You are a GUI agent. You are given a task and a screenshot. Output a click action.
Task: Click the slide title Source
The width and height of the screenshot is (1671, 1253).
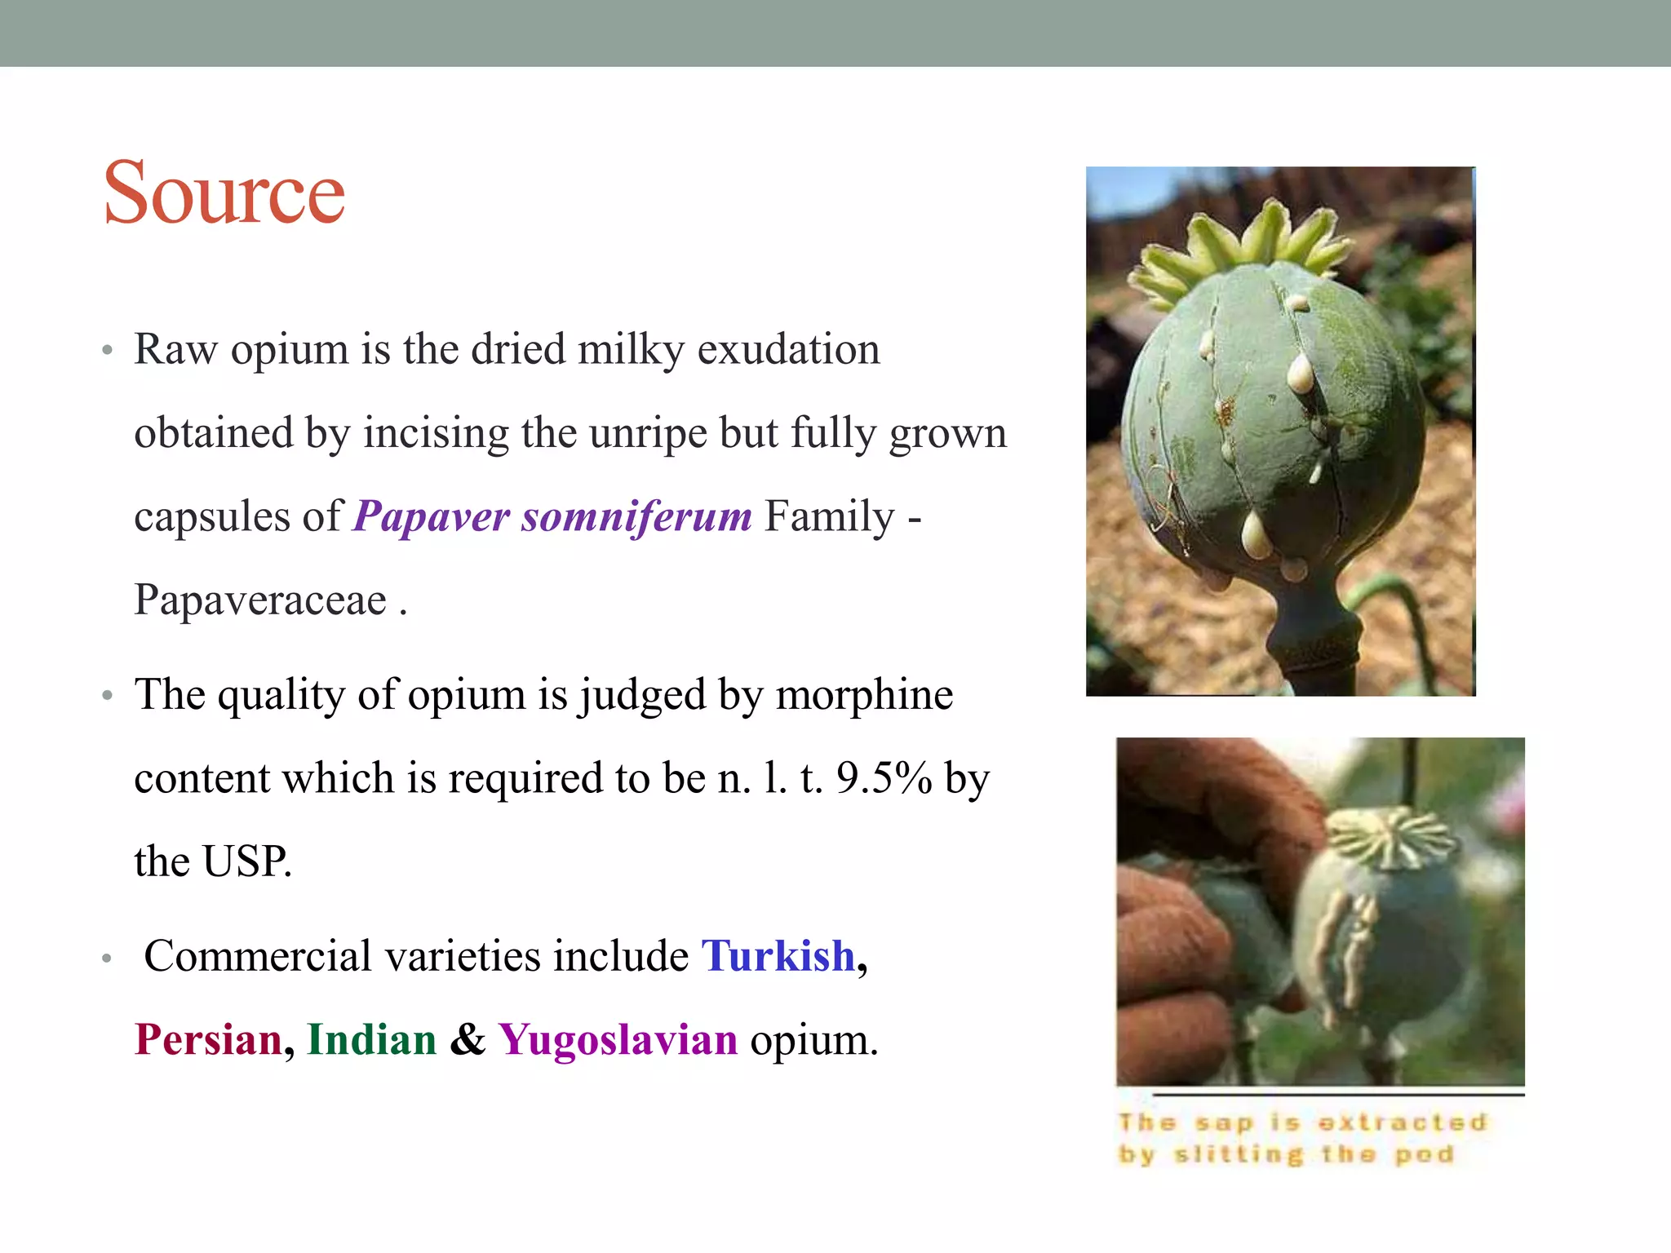tap(224, 193)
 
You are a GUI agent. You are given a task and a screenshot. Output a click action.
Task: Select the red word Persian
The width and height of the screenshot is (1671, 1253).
tap(208, 1040)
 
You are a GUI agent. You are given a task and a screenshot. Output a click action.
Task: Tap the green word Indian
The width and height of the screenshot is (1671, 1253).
tap(372, 1040)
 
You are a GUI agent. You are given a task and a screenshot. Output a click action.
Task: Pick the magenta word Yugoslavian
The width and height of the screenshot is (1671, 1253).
tap(618, 1040)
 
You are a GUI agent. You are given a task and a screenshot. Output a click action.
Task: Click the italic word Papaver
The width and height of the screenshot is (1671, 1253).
tap(432, 516)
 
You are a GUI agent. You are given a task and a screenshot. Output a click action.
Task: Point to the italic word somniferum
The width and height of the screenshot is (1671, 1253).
tap(636, 516)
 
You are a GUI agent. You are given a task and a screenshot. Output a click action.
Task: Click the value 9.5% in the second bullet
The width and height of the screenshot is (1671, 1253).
tap(884, 777)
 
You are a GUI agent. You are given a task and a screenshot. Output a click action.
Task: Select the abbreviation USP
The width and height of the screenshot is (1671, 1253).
tap(246, 861)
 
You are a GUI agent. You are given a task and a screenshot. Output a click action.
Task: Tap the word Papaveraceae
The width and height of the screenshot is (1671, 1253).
tap(260, 600)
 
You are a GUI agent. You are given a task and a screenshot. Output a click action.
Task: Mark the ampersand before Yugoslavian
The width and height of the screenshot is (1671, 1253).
tap(468, 1040)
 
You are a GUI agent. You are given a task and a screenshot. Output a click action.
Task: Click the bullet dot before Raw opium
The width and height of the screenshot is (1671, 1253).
tap(107, 352)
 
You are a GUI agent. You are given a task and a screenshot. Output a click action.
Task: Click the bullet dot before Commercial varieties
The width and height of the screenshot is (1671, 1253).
tap(107, 959)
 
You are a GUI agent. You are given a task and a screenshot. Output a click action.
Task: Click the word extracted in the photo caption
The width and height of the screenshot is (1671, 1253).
tap(1403, 1123)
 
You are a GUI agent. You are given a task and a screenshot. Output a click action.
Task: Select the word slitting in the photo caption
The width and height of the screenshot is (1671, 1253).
tap(1239, 1155)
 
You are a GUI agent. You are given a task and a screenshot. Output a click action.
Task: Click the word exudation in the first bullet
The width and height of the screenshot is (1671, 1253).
tap(788, 349)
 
